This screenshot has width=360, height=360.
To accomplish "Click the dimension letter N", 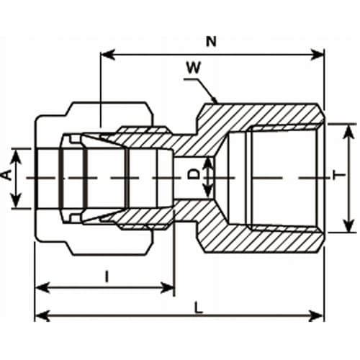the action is [x=211, y=41].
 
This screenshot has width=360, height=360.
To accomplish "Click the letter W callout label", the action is [x=194, y=68].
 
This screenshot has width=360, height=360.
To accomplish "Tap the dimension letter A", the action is [x=8, y=175].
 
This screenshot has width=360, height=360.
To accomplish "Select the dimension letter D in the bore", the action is [x=194, y=174].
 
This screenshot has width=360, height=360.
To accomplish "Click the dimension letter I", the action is [x=107, y=276].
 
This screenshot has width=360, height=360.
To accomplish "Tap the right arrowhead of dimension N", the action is [x=318, y=55].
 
